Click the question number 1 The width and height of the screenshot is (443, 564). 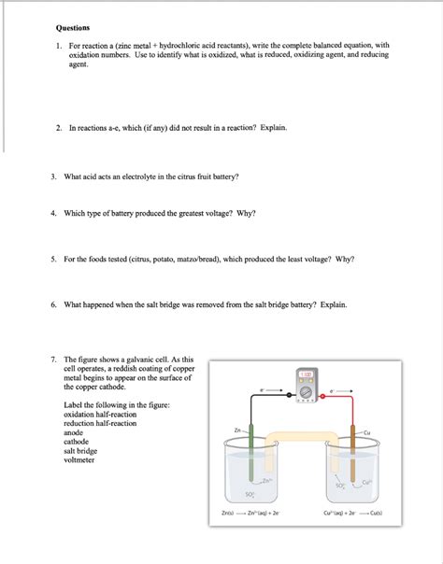click(x=57, y=45)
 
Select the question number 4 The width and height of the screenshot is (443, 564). click(x=57, y=213)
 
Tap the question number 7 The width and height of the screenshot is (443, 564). click(x=57, y=359)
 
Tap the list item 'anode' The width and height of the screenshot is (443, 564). click(x=74, y=432)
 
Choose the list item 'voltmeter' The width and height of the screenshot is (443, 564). click(x=80, y=460)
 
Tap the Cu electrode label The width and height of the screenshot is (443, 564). click(x=367, y=432)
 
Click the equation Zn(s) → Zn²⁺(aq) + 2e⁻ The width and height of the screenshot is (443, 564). click(x=244, y=513)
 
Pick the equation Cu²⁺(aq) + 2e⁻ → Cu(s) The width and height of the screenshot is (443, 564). click(x=351, y=513)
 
